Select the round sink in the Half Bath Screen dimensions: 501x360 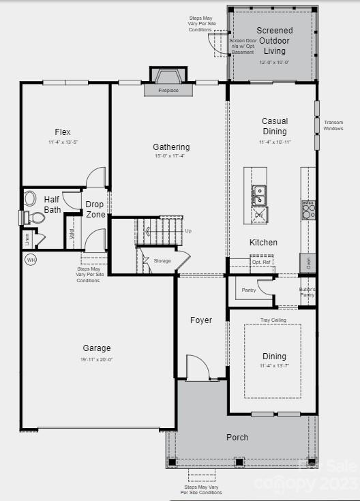30,198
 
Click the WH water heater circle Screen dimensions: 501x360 31,260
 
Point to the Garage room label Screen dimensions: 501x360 97,348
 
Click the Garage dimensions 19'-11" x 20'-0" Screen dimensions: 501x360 97,359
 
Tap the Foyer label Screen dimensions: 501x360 201,320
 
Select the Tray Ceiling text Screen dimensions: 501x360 273,320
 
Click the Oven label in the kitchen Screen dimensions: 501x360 308,263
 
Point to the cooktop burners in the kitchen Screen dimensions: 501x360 308,210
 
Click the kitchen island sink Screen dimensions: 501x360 259,194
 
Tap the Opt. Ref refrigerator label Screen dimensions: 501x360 262,262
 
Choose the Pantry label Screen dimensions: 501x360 248,290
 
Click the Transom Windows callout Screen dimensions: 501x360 333,125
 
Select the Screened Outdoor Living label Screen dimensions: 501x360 274,40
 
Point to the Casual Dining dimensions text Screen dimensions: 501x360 275,142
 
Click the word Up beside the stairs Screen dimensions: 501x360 188,230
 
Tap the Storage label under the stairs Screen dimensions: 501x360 162,260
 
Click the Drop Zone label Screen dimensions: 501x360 95,209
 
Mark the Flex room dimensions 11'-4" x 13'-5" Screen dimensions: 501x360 63,142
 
